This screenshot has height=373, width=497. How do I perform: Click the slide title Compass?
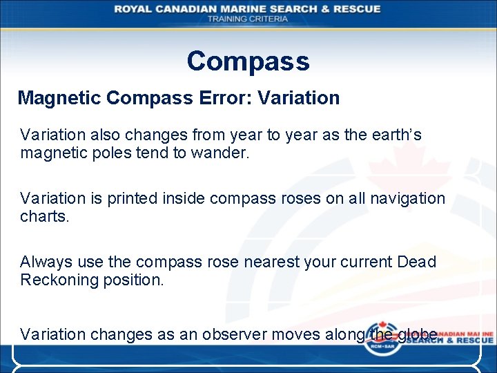[248, 61]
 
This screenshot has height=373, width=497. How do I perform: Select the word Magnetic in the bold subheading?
[59, 98]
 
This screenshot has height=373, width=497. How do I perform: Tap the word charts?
[43, 216]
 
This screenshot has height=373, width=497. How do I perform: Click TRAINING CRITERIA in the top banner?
[248, 19]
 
